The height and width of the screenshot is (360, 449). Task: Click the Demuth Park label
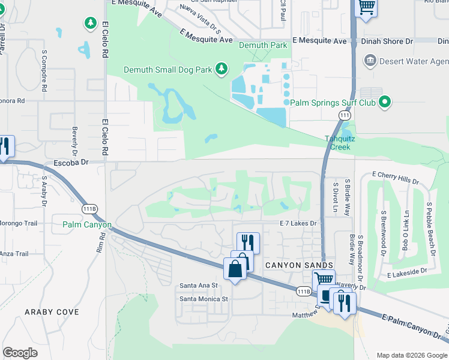coord(262,45)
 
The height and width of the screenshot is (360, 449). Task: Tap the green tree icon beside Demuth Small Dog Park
coord(221,69)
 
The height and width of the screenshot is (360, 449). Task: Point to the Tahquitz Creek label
coord(340,143)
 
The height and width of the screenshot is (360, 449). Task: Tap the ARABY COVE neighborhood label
coord(52,312)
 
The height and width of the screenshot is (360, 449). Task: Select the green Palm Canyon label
coord(87,225)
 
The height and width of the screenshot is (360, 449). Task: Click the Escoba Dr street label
coord(71,162)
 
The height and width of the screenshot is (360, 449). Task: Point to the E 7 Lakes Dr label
coord(298,223)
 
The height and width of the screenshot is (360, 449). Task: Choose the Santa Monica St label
coord(204,298)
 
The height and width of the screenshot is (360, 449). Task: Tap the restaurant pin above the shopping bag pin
coord(248,243)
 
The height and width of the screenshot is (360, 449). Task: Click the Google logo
coord(20,353)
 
